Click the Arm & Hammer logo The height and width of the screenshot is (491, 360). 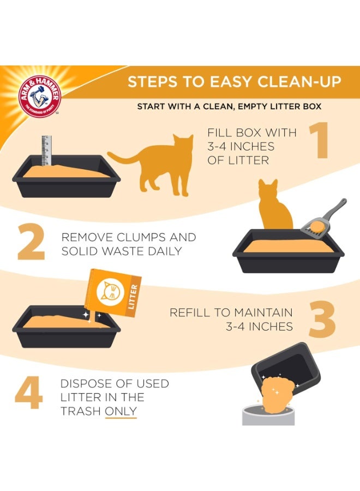tap(39, 97)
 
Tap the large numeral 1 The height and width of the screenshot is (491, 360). tap(319, 140)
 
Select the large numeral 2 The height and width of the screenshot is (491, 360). tap(31, 242)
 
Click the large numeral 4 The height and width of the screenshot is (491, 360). tap(28, 393)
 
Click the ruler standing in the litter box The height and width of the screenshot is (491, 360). tap(46, 151)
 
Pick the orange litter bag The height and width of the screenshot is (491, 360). tap(113, 294)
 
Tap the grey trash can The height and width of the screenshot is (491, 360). tap(268, 415)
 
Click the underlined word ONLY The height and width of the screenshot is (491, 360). tap(121, 411)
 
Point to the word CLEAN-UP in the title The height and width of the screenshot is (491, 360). tap(299, 82)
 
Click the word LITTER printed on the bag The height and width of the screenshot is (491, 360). tap(133, 297)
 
